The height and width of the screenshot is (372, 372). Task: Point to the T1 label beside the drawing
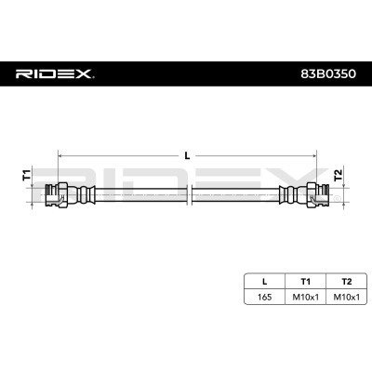(x=26, y=174)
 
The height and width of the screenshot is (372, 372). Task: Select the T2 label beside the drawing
(x=339, y=174)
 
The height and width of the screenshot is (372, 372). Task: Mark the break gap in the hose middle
(x=189, y=195)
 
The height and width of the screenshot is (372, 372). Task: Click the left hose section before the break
(x=139, y=195)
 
